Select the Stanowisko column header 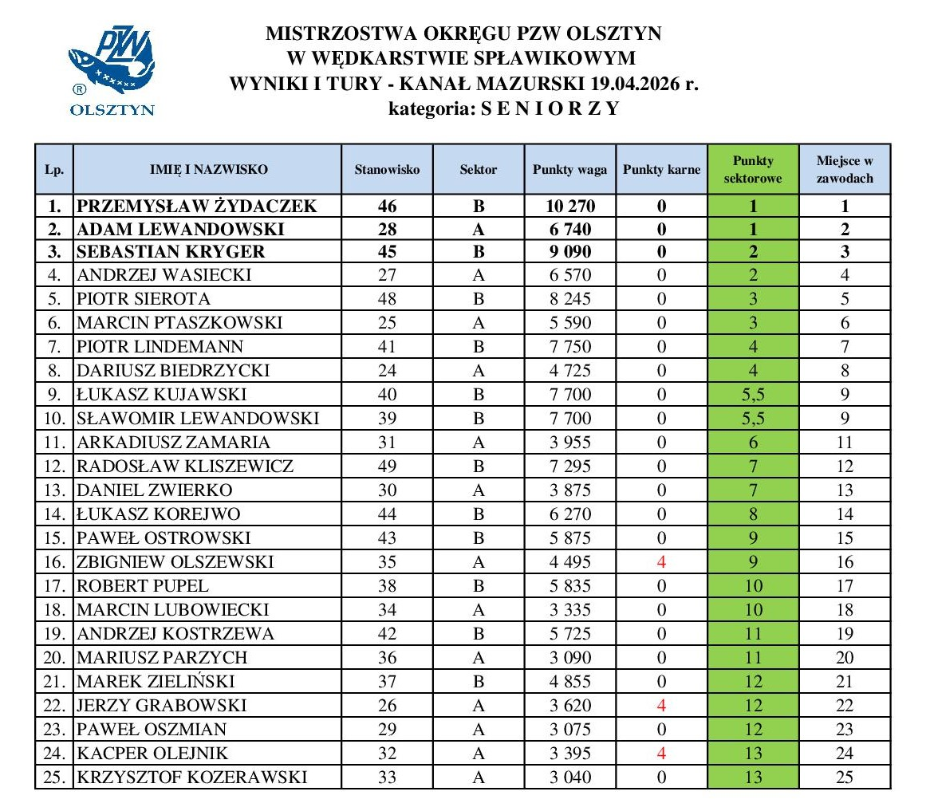pos(387,170)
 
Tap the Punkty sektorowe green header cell pos(752,170)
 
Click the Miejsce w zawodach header pos(845,170)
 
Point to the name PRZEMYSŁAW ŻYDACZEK pos(197,207)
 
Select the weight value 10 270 pos(569,207)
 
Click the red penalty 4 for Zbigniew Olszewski pos(661,562)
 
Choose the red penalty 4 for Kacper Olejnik pos(661,754)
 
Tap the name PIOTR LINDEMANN pos(160,347)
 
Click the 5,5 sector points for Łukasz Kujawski pos(752,395)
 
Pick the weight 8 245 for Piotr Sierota pos(569,299)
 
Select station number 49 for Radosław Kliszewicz pos(387,467)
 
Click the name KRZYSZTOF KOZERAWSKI pos(191,778)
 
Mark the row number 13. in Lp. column pos(53,490)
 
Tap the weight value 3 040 pos(569,778)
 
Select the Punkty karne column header pos(661,170)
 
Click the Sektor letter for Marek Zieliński pos(479,682)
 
